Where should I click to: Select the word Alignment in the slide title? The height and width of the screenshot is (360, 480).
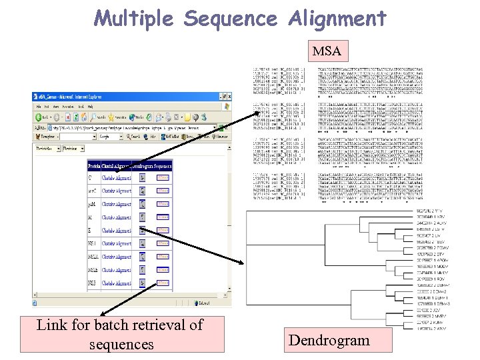(337, 17)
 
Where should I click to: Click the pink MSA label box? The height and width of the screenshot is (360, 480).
(327, 51)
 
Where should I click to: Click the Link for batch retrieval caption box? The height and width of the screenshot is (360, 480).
(122, 334)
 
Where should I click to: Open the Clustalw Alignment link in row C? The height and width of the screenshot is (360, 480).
(117, 179)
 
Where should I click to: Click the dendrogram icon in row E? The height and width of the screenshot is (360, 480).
(143, 231)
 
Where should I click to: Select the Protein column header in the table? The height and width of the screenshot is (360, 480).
(94, 166)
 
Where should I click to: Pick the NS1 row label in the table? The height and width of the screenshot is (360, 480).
(93, 244)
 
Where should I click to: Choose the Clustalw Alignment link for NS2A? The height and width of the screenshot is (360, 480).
(117, 257)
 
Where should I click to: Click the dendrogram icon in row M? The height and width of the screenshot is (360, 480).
(143, 218)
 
